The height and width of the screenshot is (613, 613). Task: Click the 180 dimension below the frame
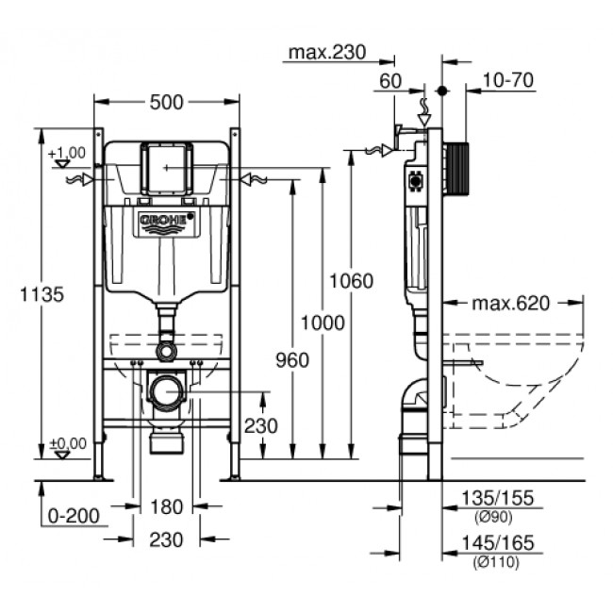tap(166, 507)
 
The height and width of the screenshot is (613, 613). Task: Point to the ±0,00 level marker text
tap(68, 442)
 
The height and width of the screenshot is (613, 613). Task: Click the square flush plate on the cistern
tap(166, 168)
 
